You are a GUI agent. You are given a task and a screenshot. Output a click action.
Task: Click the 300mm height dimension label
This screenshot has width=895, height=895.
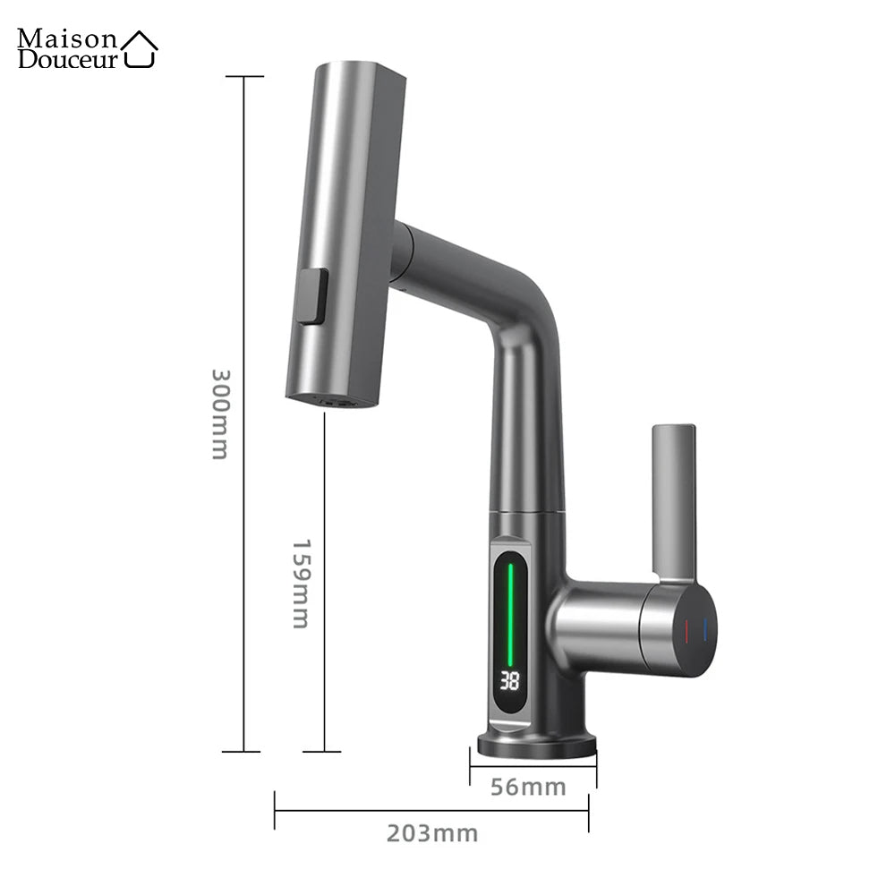(x=219, y=413)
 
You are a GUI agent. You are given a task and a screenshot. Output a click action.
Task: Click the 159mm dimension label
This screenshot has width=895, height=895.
(x=302, y=583)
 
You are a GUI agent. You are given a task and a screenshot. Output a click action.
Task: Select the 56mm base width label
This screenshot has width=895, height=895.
(x=528, y=787)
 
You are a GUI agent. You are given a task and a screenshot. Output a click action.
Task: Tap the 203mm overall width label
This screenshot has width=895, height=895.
(x=432, y=833)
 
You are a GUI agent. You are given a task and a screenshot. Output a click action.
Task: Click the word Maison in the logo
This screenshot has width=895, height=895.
(x=67, y=38)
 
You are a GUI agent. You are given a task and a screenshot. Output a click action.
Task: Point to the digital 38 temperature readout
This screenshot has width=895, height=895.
(x=509, y=681)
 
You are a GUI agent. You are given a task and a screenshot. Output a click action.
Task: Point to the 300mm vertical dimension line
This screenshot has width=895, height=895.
(x=244, y=268)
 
